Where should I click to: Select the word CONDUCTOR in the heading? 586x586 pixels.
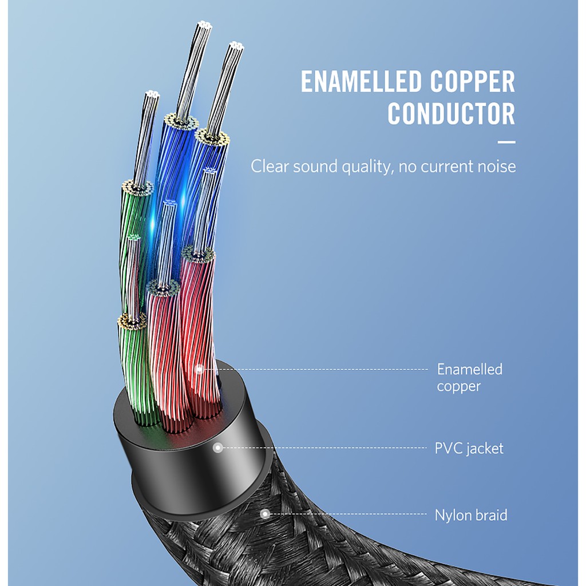(452, 114)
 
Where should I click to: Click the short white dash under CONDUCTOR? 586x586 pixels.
(506, 142)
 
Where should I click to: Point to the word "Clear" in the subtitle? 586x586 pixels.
(270, 167)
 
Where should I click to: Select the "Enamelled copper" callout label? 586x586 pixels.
(469, 378)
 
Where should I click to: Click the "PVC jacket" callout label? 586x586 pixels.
(469, 448)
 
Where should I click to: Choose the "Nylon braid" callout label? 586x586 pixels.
(471, 515)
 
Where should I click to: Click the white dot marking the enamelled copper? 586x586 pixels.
(199, 369)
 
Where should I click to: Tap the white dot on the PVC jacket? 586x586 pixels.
(217, 448)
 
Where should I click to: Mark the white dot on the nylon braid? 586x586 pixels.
(264, 514)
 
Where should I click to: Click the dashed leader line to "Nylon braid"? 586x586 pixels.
(349, 514)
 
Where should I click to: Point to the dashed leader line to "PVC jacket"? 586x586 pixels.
(326, 448)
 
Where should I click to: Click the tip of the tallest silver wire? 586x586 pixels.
(203, 26)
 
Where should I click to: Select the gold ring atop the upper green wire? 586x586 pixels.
(137, 187)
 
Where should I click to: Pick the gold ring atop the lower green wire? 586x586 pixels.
(132, 322)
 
